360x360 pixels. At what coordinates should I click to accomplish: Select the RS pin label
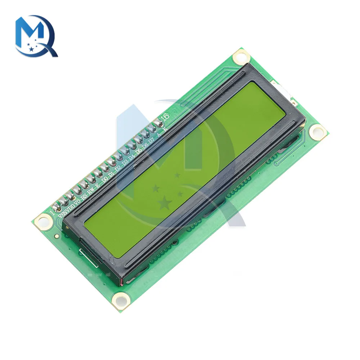(84, 196)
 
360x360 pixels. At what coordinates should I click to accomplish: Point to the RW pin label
(92, 190)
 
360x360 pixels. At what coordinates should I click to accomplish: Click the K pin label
(165, 129)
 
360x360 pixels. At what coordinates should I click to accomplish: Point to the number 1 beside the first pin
(52, 213)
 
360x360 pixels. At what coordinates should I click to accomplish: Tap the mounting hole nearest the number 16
(240, 57)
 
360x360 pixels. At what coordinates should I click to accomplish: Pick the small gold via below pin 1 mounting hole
(57, 237)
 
